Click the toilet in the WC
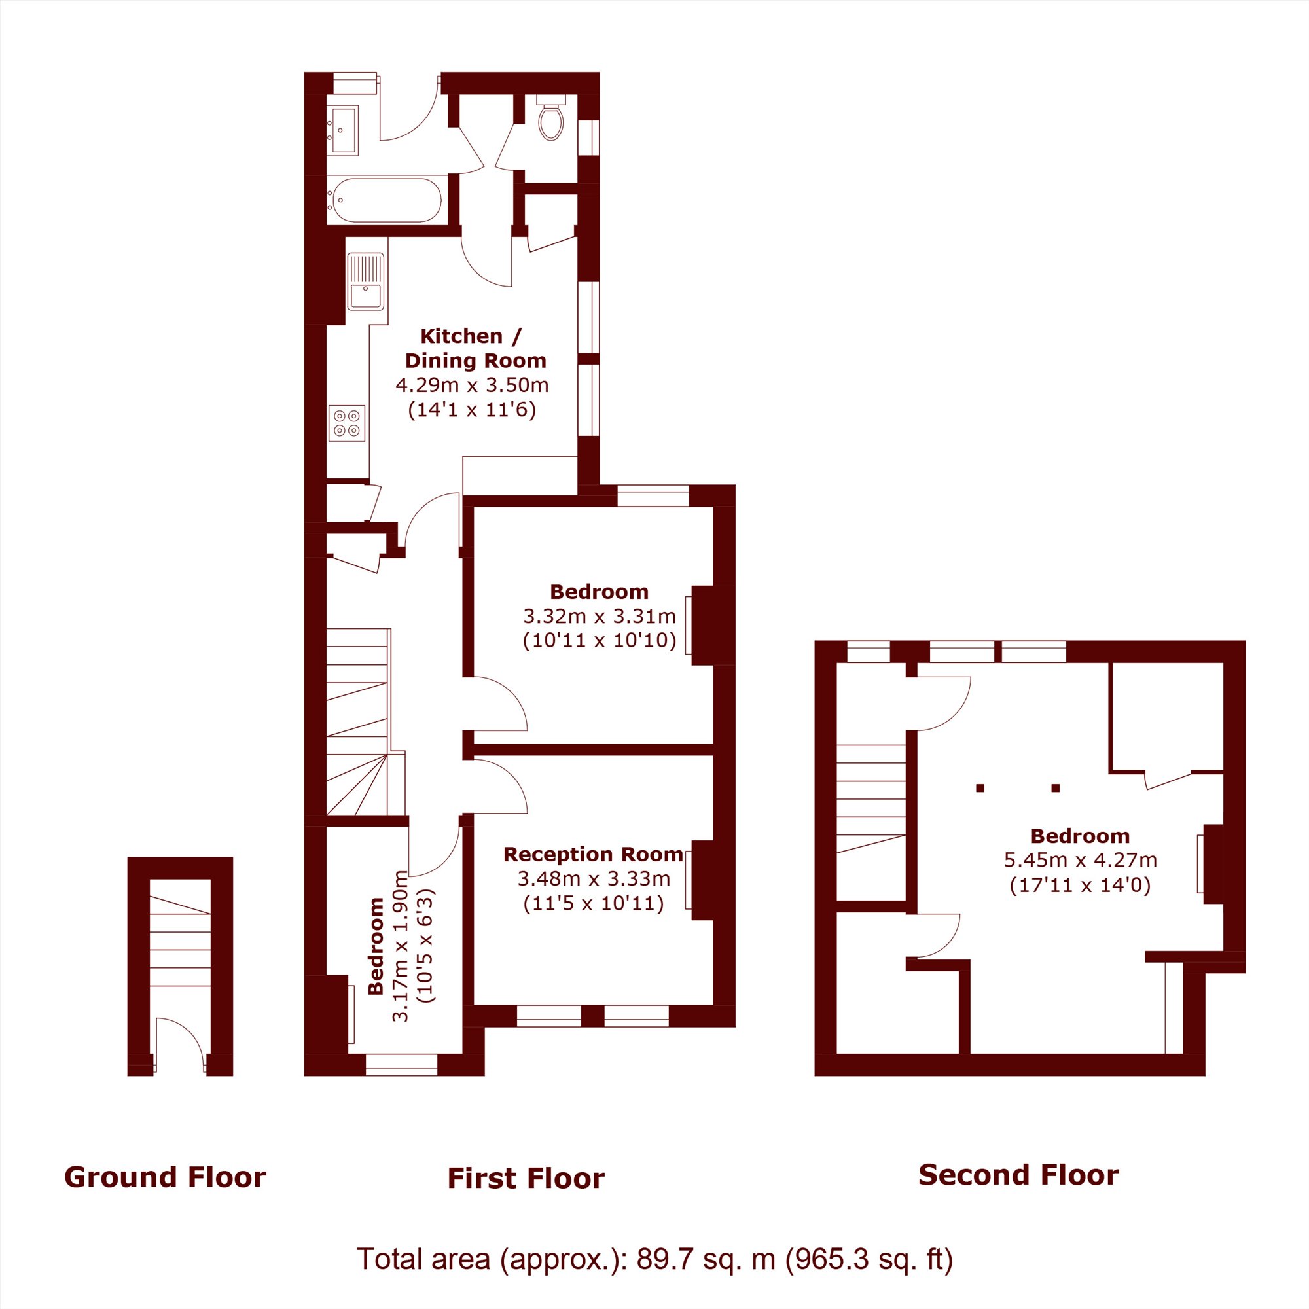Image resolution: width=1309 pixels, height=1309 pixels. click(x=551, y=117)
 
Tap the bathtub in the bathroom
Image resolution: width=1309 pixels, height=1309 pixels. click(x=387, y=200)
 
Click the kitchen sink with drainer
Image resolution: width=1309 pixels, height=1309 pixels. click(x=366, y=281)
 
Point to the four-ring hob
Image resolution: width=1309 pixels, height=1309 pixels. click(x=347, y=423)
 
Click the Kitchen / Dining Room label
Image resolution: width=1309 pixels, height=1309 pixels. click(x=475, y=348)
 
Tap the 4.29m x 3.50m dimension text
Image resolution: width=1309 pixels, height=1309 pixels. click(x=473, y=386)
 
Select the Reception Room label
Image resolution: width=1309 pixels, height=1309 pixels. click(x=594, y=854)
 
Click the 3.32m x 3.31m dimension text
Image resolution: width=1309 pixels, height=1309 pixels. click(x=600, y=616)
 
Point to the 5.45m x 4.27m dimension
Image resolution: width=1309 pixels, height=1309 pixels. click(x=1081, y=860)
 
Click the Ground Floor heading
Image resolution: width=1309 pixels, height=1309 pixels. click(x=166, y=1177)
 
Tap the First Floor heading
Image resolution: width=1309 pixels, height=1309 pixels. click(x=526, y=1178)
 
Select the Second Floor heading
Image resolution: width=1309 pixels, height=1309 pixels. click(x=1019, y=1175)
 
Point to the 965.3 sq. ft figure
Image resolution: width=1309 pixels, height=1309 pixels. click(x=869, y=1259)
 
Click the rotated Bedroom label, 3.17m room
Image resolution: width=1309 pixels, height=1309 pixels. click(x=376, y=946)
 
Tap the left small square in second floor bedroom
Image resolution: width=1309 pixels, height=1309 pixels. click(x=980, y=788)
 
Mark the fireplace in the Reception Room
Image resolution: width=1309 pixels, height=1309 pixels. click(x=700, y=880)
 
